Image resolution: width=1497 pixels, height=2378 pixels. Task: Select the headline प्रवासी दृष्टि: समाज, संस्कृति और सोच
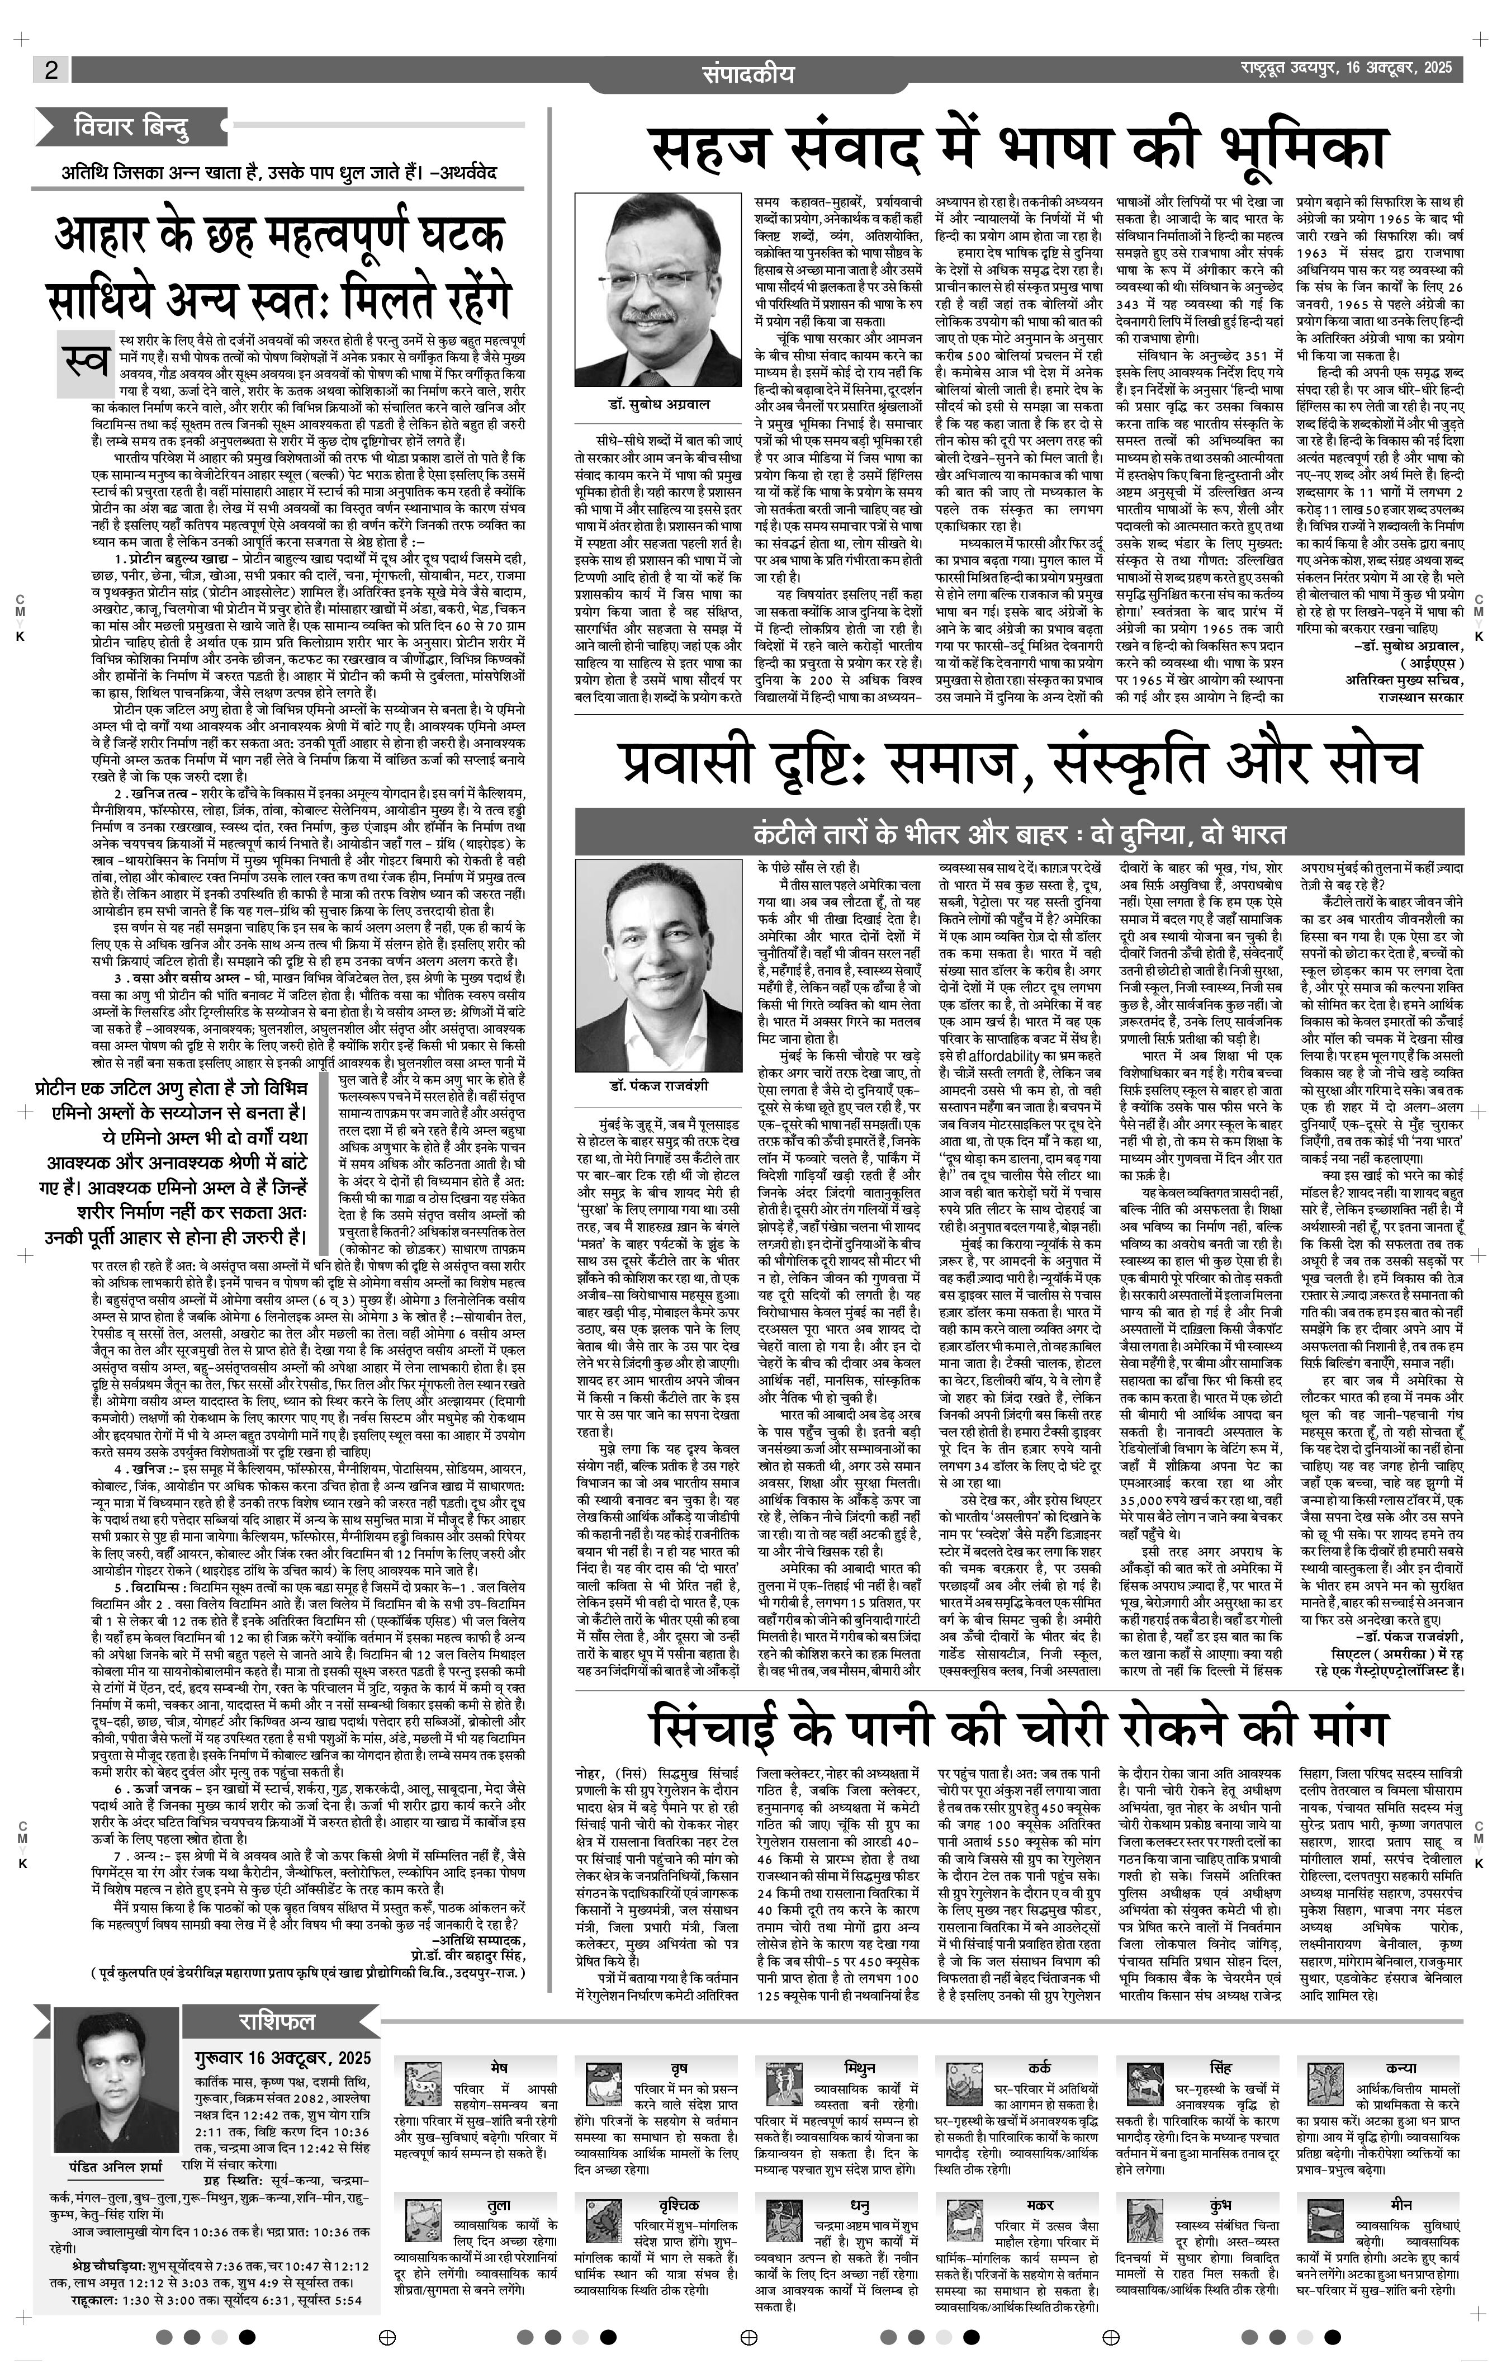(1020, 763)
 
